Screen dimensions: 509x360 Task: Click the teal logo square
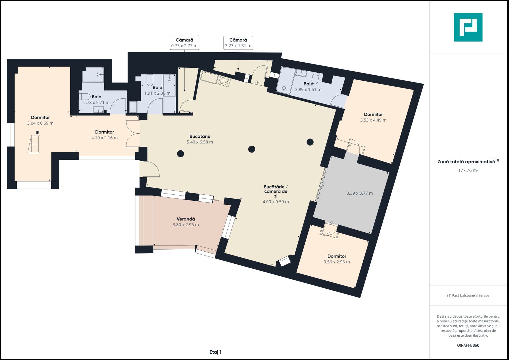(x=468, y=27)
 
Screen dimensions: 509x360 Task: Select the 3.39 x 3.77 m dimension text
(x=359, y=193)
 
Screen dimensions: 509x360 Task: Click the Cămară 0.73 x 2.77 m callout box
(x=184, y=43)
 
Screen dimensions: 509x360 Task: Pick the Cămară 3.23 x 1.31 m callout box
(x=238, y=43)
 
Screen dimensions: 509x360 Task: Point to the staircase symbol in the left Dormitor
(x=33, y=144)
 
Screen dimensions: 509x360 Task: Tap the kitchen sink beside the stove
(x=209, y=77)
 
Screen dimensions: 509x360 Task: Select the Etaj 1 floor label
(x=215, y=352)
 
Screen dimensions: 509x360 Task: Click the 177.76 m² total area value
(x=468, y=170)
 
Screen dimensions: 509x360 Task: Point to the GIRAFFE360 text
(x=468, y=345)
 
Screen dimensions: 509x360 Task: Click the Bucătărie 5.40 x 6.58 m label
(x=200, y=139)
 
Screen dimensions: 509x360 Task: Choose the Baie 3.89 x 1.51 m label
(x=308, y=87)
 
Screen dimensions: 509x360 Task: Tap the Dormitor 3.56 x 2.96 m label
(x=337, y=259)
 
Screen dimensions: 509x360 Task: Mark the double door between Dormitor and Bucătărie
(x=133, y=133)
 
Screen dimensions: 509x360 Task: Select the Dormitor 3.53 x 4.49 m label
(x=373, y=117)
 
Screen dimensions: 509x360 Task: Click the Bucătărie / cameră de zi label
(x=276, y=194)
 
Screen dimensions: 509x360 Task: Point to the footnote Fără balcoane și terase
(x=468, y=295)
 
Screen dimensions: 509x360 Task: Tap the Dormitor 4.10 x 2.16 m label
(x=105, y=135)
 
